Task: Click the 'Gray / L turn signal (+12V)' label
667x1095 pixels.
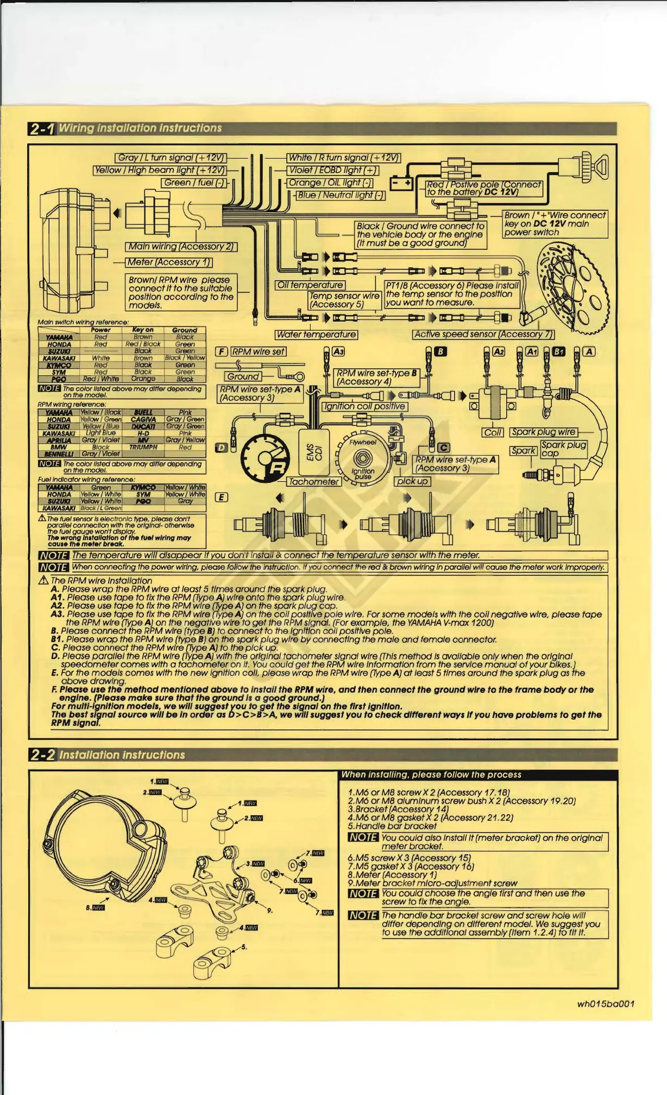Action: [171, 158]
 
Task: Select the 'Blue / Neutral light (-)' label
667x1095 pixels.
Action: [340, 195]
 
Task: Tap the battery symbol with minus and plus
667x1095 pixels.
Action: [402, 184]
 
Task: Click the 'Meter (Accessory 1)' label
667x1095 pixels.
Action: [169, 262]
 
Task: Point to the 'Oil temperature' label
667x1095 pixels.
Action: [310, 285]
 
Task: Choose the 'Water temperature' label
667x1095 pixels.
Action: [316, 335]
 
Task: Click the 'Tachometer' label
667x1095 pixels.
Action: [314, 481]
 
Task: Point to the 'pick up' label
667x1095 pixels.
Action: [412, 481]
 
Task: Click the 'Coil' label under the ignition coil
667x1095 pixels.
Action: [493, 432]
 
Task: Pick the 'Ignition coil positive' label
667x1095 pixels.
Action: [364, 406]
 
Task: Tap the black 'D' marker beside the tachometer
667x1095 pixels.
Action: [222, 448]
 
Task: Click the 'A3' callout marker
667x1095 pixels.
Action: [338, 351]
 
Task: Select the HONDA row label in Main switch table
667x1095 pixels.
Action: [59, 344]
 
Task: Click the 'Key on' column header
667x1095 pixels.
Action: [143, 330]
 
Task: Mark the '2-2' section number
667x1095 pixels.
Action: [42, 754]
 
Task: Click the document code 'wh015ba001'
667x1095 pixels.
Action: [606, 1004]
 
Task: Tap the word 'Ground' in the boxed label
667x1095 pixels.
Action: [243, 376]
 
